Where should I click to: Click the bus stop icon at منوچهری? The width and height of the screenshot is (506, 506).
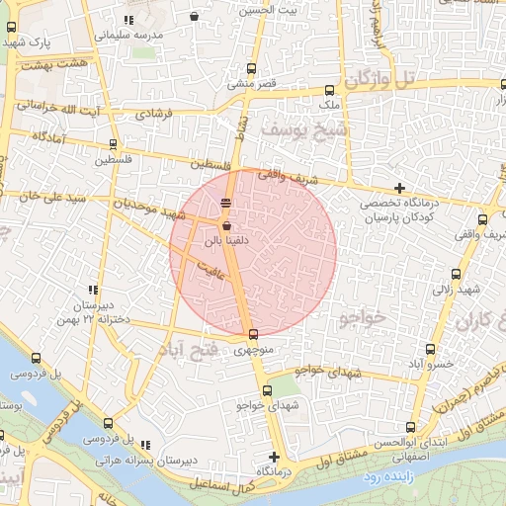(x=254, y=334)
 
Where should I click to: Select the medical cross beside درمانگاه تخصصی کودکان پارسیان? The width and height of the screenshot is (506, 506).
(x=399, y=188)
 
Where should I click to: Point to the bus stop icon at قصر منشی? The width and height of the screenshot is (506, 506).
(x=250, y=69)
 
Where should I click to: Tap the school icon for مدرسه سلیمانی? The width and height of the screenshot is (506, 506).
(x=129, y=20)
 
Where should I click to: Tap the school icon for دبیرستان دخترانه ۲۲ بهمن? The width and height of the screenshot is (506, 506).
(x=93, y=291)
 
